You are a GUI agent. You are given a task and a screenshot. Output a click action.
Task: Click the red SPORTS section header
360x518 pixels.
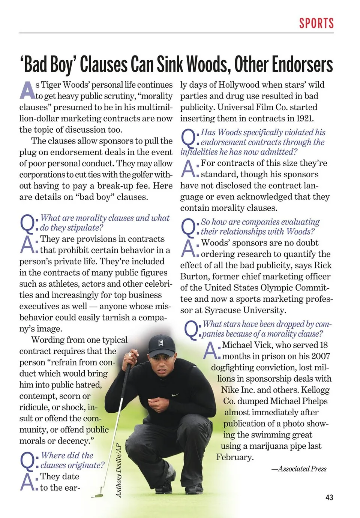pyautogui.click(x=316, y=23)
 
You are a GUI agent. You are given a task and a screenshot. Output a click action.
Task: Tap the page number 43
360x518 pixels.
pyautogui.click(x=329, y=497)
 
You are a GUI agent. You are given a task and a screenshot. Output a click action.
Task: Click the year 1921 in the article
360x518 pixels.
pyautogui.click(x=304, y=118)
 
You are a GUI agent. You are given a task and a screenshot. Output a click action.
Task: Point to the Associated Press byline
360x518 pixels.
pyautogui.click(x=299, y=469)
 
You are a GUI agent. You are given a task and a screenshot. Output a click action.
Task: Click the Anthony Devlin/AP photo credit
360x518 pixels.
pyautogui.click(x=118, y=470)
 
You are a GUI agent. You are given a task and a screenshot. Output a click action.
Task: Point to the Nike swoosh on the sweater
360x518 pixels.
pyautogui.click(x=175, y=395)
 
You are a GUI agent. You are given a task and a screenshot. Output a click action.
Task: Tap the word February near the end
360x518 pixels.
pyautogui.click(x=235, y=457)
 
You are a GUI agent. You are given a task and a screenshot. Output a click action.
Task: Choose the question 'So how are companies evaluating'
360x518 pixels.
pyautogui.click(x=260, y=222)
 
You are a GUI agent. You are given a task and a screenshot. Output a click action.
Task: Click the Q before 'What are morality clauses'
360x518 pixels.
pyautogui.click(x=27, y=223)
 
